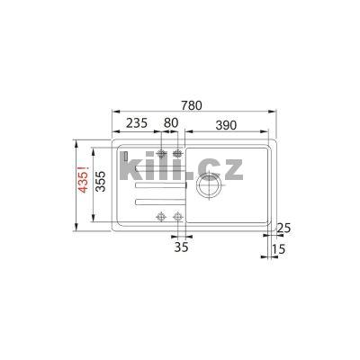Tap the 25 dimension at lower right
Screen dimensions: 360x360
coord(284,227)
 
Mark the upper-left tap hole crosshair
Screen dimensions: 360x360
coord(162,154)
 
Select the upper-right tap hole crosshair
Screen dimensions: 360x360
coord(178,154)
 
